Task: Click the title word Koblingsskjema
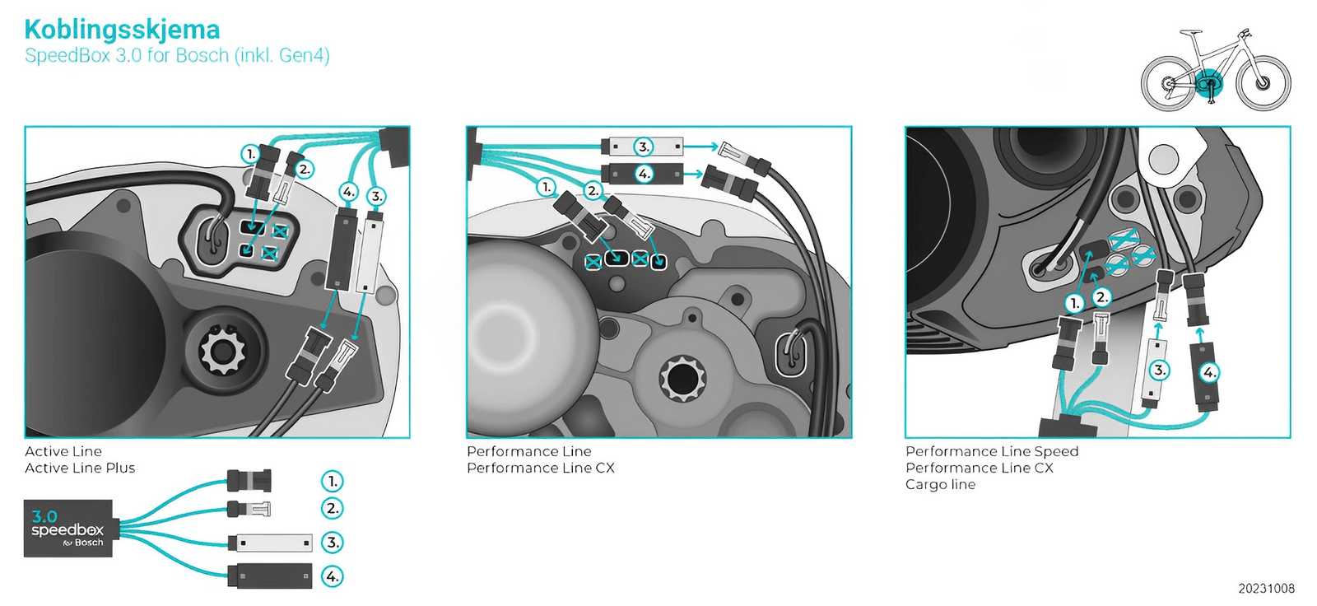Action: pyautogui.click(x=122, y=30)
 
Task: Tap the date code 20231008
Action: pyautogui.click(x=1266, y=588)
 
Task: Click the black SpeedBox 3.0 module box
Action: pyautogui.click(x=68, y=528)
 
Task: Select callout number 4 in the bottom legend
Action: pyautogui.click(x=332, y=576)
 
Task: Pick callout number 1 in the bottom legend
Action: pyautogui.click(x=332, y=481)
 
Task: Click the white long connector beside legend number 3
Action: pyautogui.click(x=271, y=543)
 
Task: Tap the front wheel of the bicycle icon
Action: pyautogui.click(x=1263, y=82)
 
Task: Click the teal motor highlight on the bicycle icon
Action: pyautogui.click(x=1209, y=83)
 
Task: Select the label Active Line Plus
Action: pyautogui.click(x=80, y=468)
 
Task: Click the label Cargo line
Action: pyautogui.click(x=940, y=484)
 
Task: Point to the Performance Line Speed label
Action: pyautogui.click(x=992, y=451)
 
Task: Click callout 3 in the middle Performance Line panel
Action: pyautogui.click(x=644, y=147)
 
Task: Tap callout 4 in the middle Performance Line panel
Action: pyautogui.click(x=644, y=174)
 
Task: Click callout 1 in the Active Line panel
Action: pyautogui.click(x=250, y=153)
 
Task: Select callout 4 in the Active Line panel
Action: pyautogui.click(x=349, y=192)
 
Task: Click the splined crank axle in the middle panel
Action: pyautogui.click(x=682, y=380)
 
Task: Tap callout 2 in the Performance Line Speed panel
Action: pyautogui.click(x=1101, y=297)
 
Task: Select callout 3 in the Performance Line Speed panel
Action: pyautogui.click(x=1159, y=370)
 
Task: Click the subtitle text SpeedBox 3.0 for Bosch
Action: pyautogui.click(x=177, y=56)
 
